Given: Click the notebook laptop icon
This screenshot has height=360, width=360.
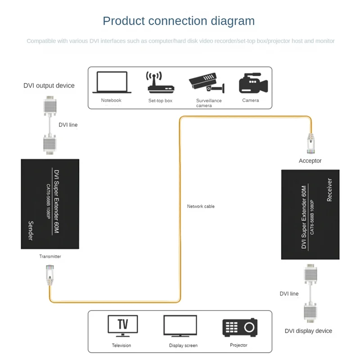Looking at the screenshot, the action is click(x=112, y=82).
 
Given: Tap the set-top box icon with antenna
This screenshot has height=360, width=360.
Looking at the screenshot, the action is click(x=161, y=82).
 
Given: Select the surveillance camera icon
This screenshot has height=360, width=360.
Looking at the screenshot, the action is click(x=207, y=83).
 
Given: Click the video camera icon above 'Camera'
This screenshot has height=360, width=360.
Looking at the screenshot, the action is click(x=253, y=83).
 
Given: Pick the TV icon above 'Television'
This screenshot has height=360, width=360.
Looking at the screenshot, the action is click(x=122, y=326).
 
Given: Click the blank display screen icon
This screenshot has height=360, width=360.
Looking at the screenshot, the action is click(x=180, y=326).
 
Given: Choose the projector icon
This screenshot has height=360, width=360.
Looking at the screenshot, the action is click(x=240, y=328).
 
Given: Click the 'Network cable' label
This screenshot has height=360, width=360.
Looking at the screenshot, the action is click(x=201, y=207).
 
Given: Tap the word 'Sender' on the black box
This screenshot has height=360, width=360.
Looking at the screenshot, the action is click(x=31, y=231).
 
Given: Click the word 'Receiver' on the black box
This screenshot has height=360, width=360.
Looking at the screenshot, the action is click(x=329, y=190).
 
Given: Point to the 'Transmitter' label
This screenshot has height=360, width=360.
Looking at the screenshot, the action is click(x=50, y=256).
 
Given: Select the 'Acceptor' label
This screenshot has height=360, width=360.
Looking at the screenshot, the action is click(x=310, y=161).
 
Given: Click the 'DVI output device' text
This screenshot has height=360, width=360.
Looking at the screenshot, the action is click(x=49, y=85).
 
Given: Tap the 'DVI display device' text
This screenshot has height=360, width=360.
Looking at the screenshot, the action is click(x=308, y=331).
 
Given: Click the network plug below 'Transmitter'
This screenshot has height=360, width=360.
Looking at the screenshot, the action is click(x=50, y=275).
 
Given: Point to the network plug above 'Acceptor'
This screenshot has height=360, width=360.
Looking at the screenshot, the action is click(x=311, y=144).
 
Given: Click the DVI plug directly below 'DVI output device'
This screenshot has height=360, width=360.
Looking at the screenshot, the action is click(x=50, y=106).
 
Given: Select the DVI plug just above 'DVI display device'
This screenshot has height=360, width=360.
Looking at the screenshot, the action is click(x=310, y=313).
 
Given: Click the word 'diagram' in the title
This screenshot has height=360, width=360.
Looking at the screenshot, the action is click(x=233, y=21).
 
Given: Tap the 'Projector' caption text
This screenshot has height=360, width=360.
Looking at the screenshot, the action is click(x=238, y=345).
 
